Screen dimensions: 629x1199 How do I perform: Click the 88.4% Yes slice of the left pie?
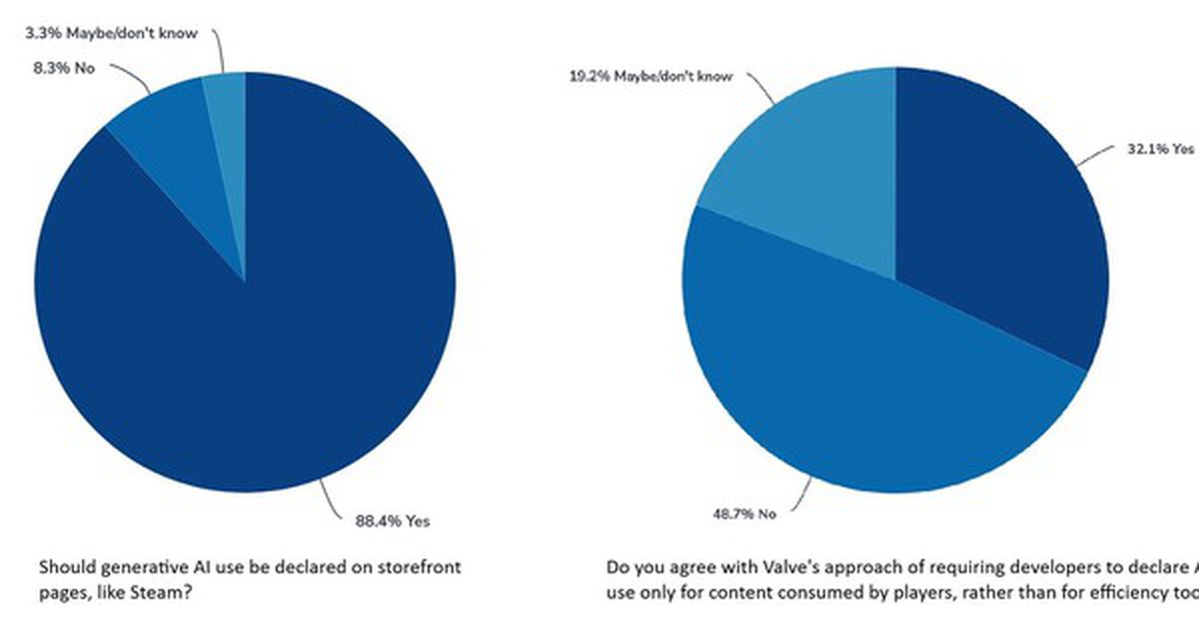coord(250,359)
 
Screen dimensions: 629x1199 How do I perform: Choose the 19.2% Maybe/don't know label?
coord(650,77)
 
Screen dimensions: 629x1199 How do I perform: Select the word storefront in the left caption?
coord(421,567)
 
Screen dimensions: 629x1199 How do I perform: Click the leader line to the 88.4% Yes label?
coord(335,498)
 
